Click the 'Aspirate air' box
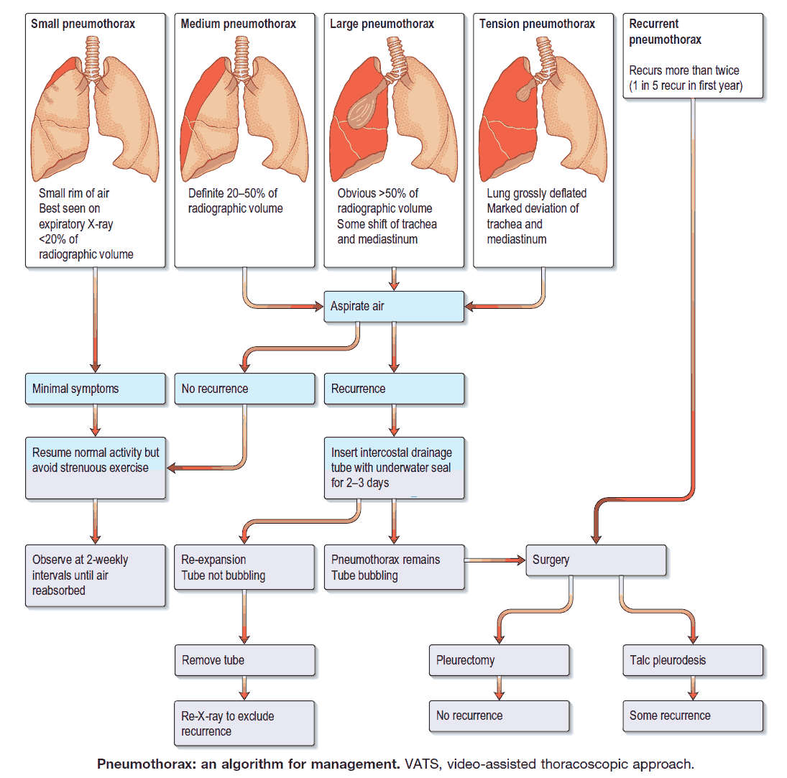tap(393, 307)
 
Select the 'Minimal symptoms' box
tap(95, 389)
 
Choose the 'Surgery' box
tap(596, 560)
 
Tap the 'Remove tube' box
tap(244, 660)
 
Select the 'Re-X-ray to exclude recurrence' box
tap(244, 723)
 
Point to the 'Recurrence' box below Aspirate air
tap(393, 389)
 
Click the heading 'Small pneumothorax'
tap(83, 24)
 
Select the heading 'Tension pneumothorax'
tap(538, 24)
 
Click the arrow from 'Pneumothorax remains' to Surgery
tap(495, 560)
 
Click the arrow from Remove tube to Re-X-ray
tap(244, 688)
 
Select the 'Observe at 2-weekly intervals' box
tap(95, 575)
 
